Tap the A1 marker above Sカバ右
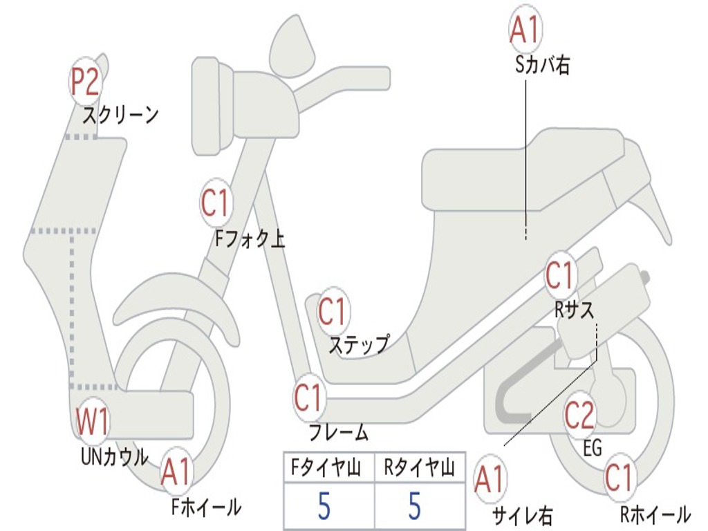523,29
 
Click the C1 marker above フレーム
308,398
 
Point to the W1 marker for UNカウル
92,421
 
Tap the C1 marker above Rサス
560,276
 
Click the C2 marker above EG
579,415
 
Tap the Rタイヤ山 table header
419,469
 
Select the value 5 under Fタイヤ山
324,506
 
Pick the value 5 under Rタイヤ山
415,506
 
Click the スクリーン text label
121,115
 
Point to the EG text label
593,448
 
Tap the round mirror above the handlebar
293,46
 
